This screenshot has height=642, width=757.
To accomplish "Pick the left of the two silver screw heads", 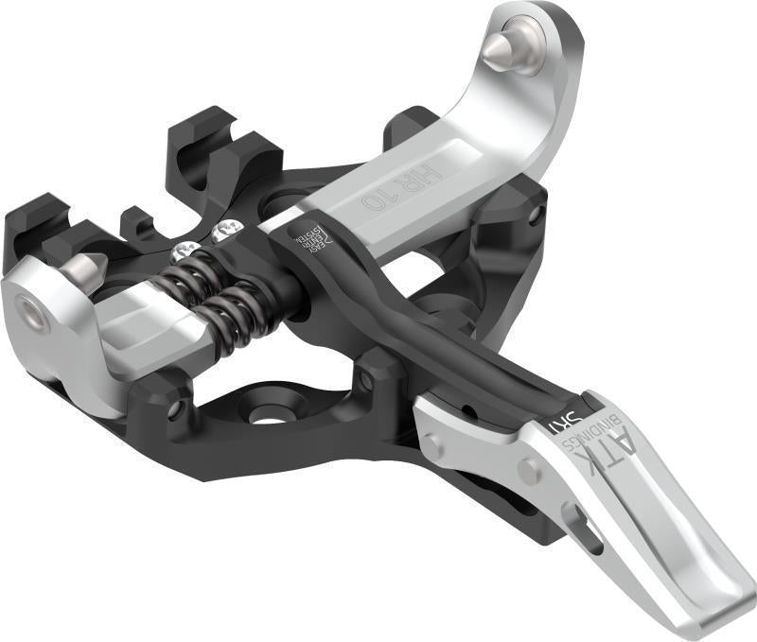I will click(185, 252).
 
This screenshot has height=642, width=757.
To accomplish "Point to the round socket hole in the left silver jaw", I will click(35, 318).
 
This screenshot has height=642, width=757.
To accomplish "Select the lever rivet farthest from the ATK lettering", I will click(431, 441).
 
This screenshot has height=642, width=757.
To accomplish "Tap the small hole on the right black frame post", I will click(536, 215).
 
